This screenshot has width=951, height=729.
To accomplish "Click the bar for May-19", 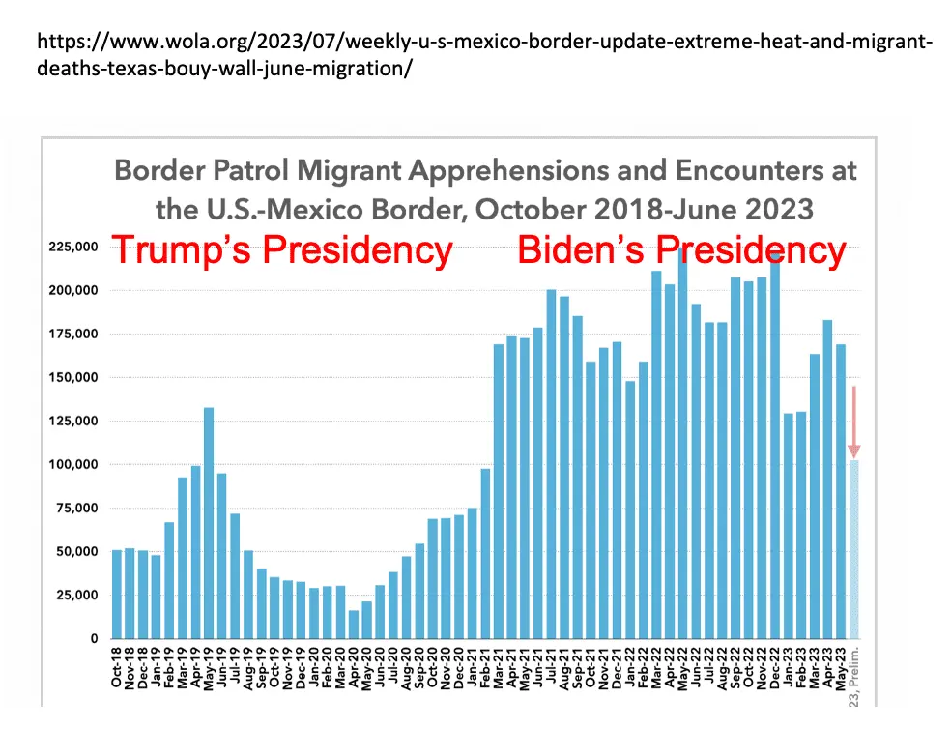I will click(x=209, y=522).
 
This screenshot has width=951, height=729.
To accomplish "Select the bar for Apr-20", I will click(x=354, y=624).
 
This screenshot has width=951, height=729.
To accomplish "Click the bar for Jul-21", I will click(x=551, y=463).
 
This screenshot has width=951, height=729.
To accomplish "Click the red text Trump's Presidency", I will click(x=282, y=250).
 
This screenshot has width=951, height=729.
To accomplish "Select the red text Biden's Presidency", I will click(x=681, y=250).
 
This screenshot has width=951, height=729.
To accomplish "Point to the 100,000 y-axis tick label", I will click(x=73, y=464).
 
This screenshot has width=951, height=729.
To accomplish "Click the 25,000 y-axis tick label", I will click(x=76, y=595).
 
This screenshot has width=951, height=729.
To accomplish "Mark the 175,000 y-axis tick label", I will click(x=73, y=334).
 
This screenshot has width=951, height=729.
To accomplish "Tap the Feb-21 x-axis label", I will click(x=486, y=666).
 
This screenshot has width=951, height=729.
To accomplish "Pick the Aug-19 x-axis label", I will click(x=248, y=666).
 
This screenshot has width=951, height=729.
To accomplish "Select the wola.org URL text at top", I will click(x=483, y=57).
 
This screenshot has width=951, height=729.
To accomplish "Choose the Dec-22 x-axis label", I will click(x=775, y=666).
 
